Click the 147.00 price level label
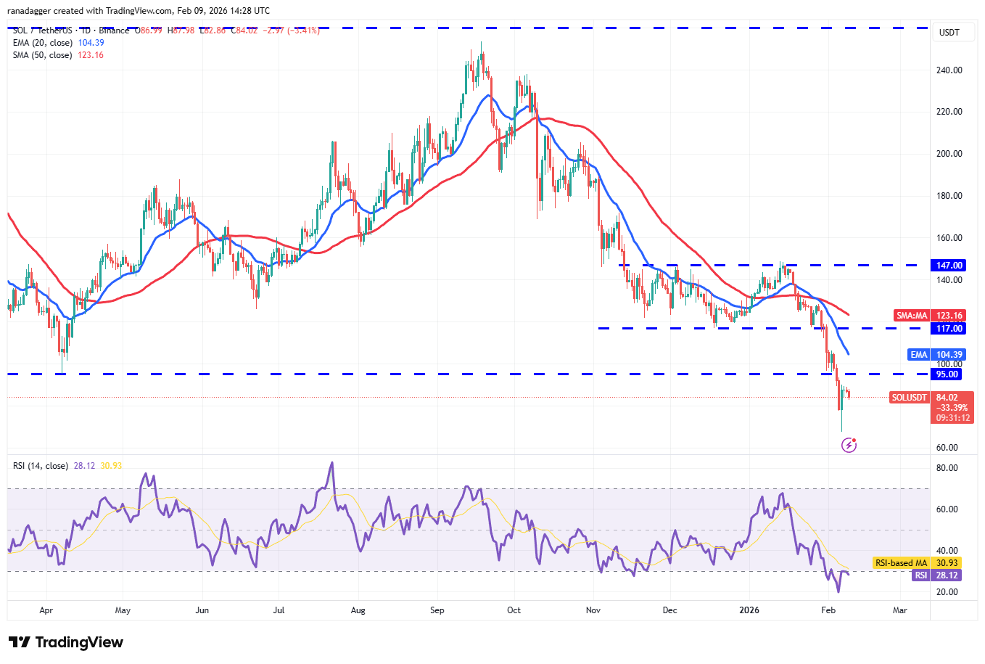click(x=949, y=266)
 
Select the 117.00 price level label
click(x=949, y=329)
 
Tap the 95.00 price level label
click(x=947, y=374)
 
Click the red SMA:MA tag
click(x=912, y=316)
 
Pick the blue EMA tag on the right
click(x=919, y=355)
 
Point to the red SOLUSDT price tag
click(x=909, y=398)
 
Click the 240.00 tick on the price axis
click(x=949, y=70)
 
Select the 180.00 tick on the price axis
click(x=949, y=196)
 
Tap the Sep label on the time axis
click(x=437, y=610)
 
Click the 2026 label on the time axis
click(x=749, y=610)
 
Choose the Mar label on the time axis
click(x=899, y=610)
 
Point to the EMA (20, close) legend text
click(x=43, y=43)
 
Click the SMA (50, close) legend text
click(x=43, y=55)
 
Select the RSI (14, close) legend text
click(x=41, y=466)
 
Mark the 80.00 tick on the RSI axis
click(x=947, y=468)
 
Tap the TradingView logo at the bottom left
click(x=66, y=642)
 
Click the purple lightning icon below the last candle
click(x=849, y=445)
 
